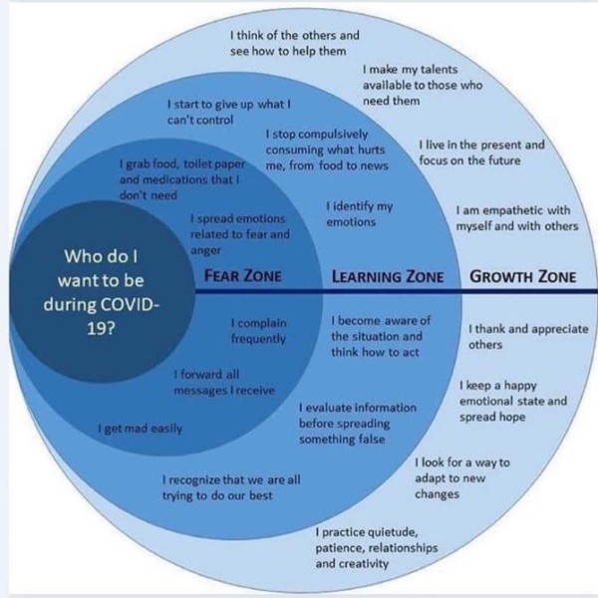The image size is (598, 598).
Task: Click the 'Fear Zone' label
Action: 242,275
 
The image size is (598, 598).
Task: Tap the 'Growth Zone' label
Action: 522,276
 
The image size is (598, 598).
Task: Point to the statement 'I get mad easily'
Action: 139,429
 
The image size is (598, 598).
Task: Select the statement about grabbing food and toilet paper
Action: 179,179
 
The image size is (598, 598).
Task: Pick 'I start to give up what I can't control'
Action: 228,111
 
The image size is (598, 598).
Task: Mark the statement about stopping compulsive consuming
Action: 326,149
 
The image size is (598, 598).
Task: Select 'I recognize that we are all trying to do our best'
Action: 230,487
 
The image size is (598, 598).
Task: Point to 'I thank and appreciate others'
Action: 527,337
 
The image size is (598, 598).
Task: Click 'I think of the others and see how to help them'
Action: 294,42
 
